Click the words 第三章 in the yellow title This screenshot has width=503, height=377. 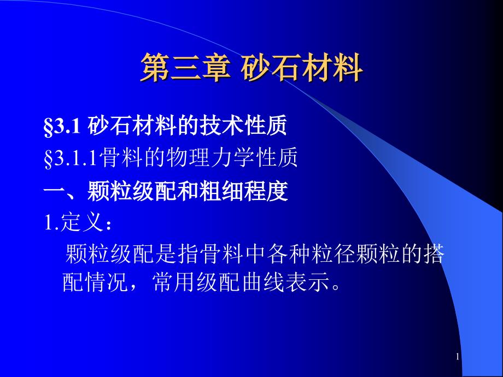point(186,67)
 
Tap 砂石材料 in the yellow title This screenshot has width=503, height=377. point(302,67)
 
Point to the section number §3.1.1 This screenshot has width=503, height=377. point(71,158)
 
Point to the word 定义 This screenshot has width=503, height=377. point(81,222)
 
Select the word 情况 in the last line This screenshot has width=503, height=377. point(107,283)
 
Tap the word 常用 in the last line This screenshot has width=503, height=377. point(174,283)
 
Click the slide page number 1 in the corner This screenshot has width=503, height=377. point(458,357)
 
